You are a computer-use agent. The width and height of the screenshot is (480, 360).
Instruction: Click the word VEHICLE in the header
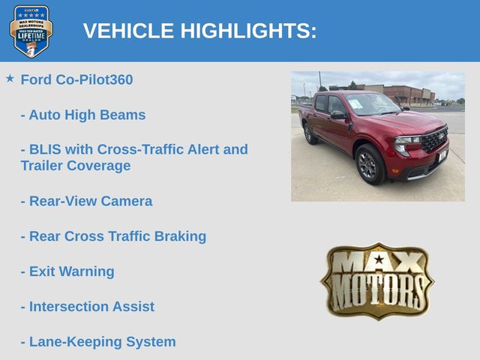point(128,31)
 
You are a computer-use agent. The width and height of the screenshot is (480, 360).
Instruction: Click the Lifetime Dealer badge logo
point(31,31)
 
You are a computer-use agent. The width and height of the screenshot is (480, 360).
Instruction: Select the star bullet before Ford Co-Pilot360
point(10,78)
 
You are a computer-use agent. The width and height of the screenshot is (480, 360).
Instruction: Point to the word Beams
point(123,115)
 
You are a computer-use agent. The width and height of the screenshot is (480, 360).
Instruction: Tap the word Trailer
point(42,166)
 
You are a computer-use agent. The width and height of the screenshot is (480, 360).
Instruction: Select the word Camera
point(127,201)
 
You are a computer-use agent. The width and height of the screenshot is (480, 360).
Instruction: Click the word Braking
point(180,236)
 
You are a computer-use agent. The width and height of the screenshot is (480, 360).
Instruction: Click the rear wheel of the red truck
point(310,133)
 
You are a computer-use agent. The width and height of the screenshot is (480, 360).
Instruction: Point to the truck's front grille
point(435,139)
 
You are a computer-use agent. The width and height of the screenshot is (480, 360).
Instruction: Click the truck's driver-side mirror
point(338,115)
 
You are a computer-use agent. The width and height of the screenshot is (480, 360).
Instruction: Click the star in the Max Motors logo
point(379,259)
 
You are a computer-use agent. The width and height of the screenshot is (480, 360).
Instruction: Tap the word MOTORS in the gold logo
point(378,292)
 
